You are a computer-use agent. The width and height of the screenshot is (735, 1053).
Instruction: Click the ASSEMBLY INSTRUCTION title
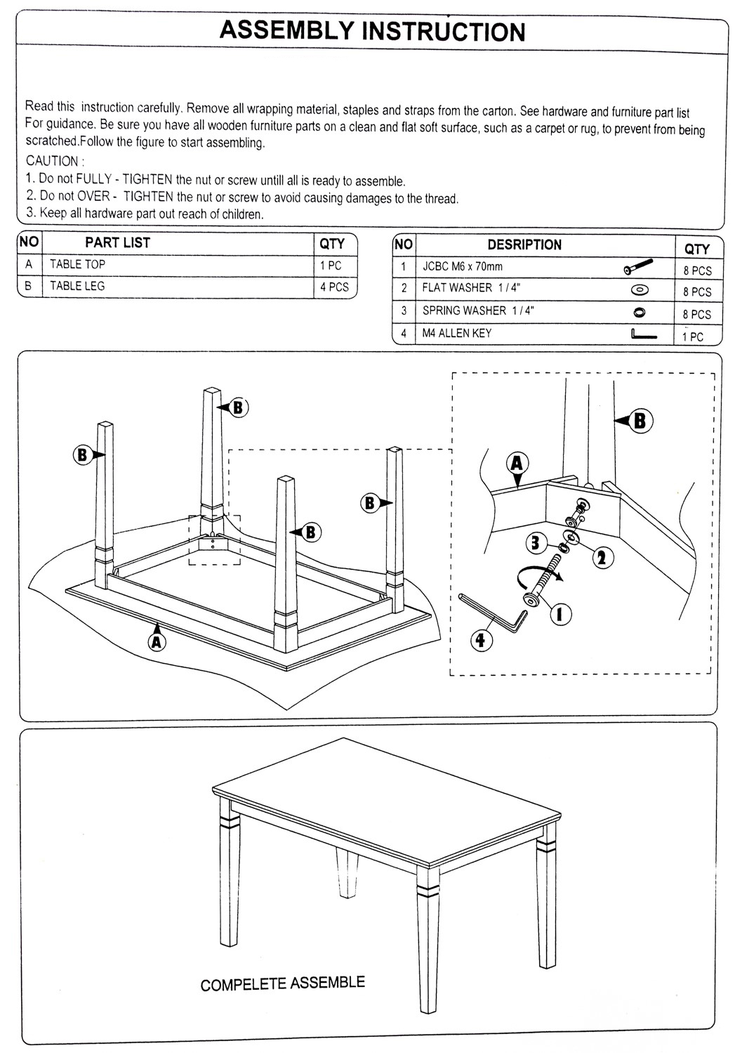371,32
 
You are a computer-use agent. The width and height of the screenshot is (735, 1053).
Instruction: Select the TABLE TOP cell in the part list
77,265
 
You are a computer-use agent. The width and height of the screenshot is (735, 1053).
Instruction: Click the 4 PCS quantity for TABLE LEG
333,287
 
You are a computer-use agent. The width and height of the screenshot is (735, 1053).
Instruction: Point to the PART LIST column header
117,243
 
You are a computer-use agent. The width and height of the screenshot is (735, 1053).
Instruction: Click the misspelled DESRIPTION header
524,245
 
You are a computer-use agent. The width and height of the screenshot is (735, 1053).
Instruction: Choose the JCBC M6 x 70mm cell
463,267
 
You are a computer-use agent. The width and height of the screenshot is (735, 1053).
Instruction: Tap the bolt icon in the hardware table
638,267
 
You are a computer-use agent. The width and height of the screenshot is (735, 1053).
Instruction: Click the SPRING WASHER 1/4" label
477,310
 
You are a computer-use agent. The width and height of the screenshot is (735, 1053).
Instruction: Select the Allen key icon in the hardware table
643,334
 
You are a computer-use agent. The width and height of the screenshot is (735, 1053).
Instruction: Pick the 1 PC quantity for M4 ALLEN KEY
692,336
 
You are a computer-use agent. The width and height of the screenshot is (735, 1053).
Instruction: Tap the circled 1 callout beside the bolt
560,614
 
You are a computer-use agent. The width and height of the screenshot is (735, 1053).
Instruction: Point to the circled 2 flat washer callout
601,557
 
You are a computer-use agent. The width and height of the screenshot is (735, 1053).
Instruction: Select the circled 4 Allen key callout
480,640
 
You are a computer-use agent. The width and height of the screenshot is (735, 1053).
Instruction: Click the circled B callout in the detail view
640,420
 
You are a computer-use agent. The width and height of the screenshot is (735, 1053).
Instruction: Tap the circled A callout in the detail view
517,463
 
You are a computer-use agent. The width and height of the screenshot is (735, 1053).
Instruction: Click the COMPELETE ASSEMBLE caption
282,983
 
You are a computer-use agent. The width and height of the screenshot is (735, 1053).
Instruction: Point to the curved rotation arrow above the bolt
534,578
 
